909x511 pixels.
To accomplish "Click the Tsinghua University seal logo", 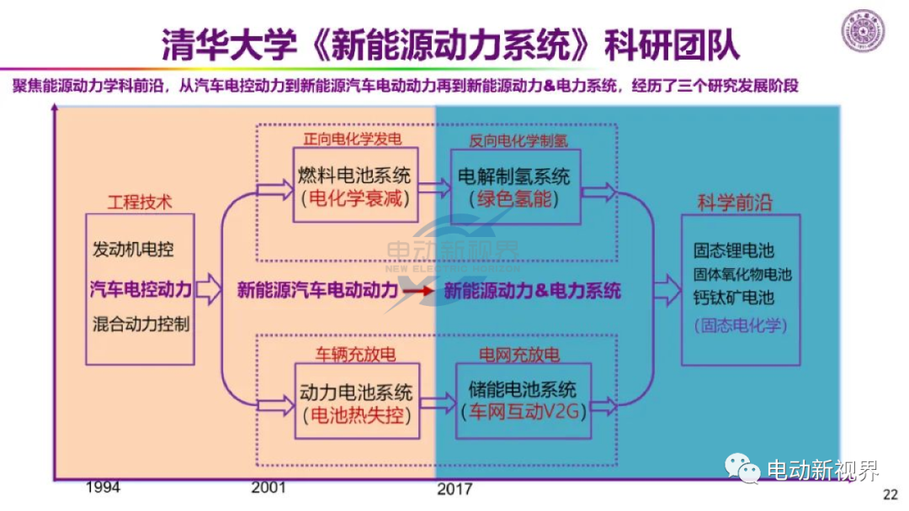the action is pos(863,30).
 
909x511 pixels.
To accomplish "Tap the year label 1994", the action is pos(104,487).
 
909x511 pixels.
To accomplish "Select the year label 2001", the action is pos(268,487).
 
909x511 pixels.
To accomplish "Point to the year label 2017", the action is pos(454,489).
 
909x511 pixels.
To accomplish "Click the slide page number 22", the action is pos(890,494).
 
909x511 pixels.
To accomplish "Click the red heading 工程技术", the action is pos(140,202).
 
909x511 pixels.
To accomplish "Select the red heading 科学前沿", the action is pos(735,203).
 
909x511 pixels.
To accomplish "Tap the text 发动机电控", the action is pos(133,250).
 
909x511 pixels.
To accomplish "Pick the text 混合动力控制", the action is pos(141,324).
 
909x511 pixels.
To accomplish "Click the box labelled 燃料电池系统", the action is pos(355,185).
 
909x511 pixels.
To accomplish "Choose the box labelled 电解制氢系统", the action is pos(515,187).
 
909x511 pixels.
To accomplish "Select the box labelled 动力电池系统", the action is pos(357,401).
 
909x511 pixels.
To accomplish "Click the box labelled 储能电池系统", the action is pos(524,400).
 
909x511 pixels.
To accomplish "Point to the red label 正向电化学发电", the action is pos(352,139).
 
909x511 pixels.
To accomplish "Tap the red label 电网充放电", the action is pos(518,354).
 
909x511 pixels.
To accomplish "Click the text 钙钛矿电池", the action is pos(734,298).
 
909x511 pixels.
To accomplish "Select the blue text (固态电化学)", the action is pos(741,325).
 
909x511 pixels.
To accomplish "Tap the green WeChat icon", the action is pos(742,468).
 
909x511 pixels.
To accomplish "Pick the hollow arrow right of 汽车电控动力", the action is pos(208,289).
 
